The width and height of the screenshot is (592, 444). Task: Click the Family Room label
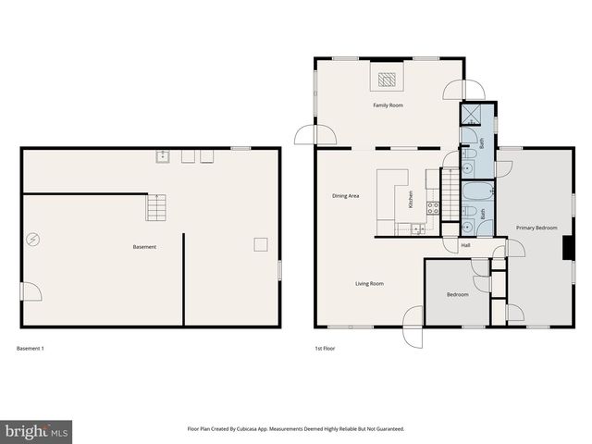pos(388,105)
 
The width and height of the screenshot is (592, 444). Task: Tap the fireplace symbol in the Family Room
pos(388,79)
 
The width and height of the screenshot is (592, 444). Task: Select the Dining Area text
pos(346,196)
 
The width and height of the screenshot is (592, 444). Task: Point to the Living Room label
pos(369,283)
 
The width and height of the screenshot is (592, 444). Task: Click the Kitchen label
pos(410,199)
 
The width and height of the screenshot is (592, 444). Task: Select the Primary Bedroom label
pos(536,227)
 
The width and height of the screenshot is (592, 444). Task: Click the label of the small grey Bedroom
pos(458,294)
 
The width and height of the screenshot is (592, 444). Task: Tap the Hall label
pos(465,245)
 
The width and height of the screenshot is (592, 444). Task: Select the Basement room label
pos(144,247)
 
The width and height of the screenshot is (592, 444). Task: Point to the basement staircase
pos(157,207)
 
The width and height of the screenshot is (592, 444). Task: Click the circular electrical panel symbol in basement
pos(33,240)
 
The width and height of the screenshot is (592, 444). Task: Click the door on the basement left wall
pos(32,291)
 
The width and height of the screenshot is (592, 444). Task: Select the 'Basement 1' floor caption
pos(31,348)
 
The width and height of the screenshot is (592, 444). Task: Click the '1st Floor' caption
pos(325,348)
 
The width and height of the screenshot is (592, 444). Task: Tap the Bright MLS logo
pos(36,431)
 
